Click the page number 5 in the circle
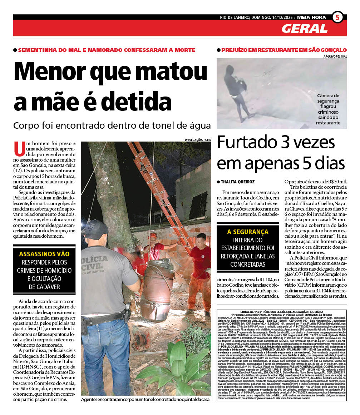(x=337, y=17)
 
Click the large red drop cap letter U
(x=19, y=149)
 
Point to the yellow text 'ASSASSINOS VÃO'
(x=44, y=254)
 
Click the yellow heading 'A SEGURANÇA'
(x=248, y=232)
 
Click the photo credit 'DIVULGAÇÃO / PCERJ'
(x=198, y=139)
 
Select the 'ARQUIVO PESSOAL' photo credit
(x=335, y=56)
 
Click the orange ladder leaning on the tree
(x=161, y=193)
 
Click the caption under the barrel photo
(x=145, y=400)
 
